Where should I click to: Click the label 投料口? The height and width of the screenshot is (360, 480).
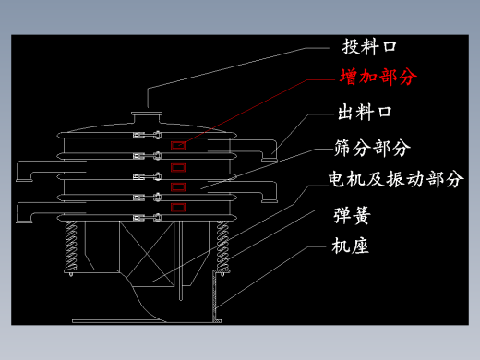coord(369,47)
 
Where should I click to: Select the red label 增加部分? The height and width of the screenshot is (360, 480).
coord(378,77)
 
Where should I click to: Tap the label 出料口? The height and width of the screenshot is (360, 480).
coord(365,112)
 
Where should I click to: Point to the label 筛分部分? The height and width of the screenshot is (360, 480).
coord(372,148)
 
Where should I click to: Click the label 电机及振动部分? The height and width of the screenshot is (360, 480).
coord(396,179)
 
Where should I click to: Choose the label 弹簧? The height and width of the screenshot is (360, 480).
coord(352,215)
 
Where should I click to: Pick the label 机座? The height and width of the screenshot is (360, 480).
coord(350,246)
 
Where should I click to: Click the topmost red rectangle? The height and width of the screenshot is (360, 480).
coord(178,146)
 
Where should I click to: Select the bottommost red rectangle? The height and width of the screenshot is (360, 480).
coord(178,207)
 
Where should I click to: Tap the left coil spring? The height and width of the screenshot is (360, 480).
coord(71,246)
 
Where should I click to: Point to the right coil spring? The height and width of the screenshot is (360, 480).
coord(222,246)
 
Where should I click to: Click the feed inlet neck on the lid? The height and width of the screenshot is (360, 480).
coord(147,117)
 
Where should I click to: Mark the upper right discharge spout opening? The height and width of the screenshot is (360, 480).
coord(270,159)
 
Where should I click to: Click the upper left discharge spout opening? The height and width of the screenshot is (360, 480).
coord(24,180)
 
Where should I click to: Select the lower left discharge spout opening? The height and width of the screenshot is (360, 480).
coord(24,221)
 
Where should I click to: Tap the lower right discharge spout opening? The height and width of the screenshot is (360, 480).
coord(270,201)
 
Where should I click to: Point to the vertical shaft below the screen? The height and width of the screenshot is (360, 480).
coord(181,260)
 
